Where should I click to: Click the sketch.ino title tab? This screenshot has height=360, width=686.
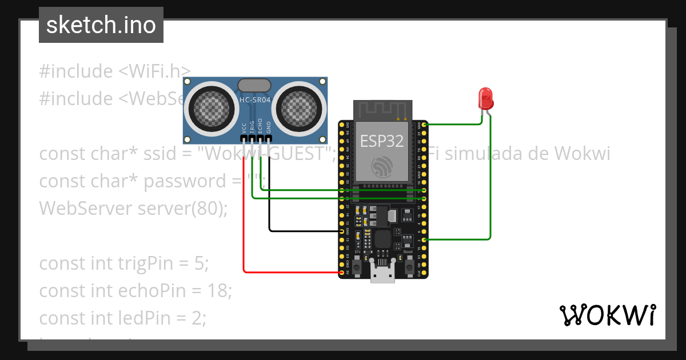[101, 25]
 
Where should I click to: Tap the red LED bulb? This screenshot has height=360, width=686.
[486, 98]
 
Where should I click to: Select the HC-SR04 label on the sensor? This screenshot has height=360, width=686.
[254, 99]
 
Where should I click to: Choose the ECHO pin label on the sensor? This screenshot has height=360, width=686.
[260, 126]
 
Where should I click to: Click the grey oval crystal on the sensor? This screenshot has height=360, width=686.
[254, 85]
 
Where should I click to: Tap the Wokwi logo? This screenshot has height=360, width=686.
[607, 315]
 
